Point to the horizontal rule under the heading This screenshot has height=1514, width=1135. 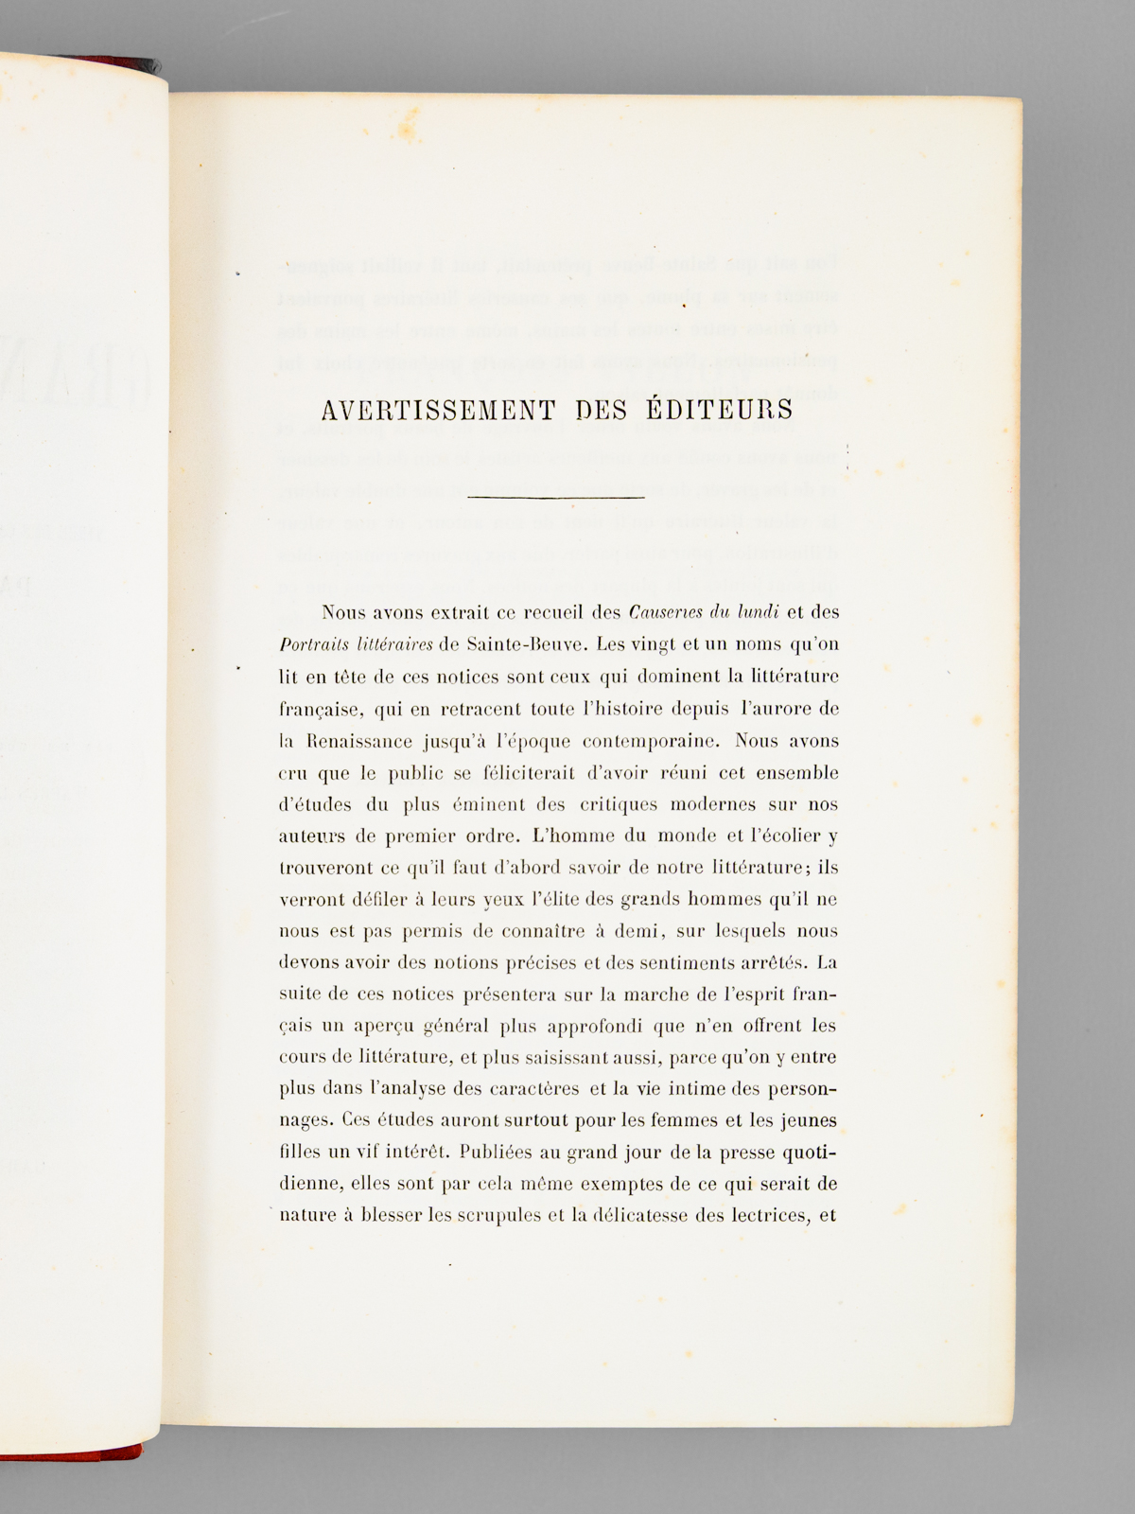tap(556, 497)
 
